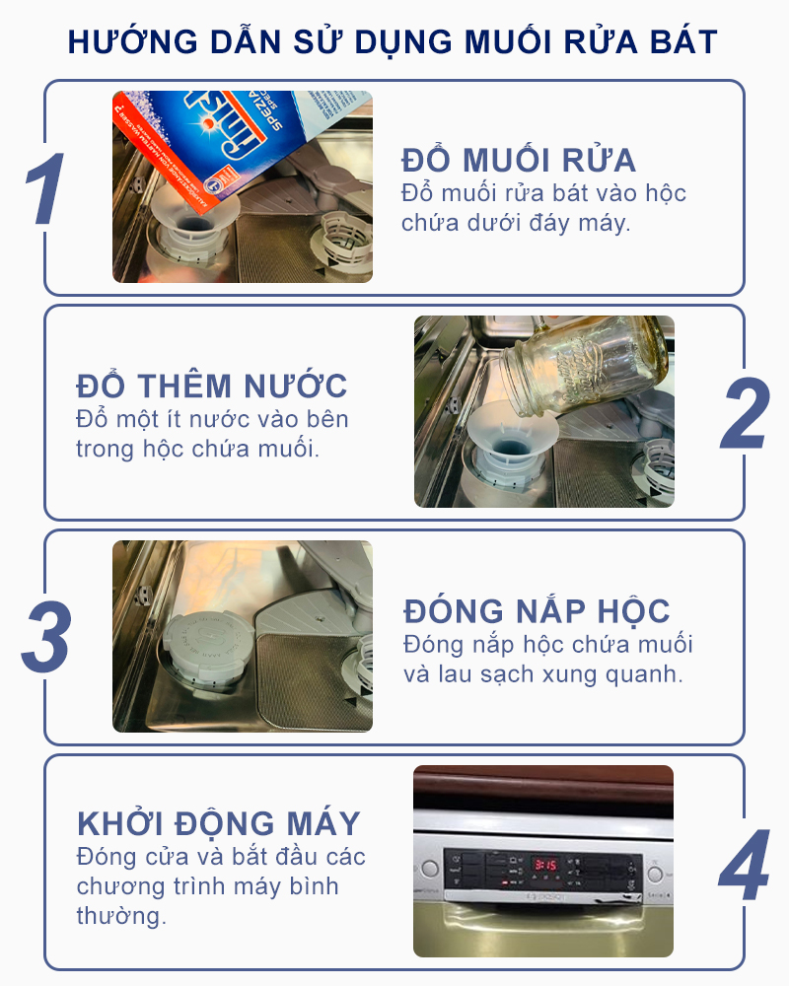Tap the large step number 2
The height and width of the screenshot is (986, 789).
pos(746,412)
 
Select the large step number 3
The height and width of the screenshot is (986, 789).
pos(46,636)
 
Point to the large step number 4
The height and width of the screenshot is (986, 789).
pos(745,864)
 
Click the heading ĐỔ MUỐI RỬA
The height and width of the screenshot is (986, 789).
pos(519,160)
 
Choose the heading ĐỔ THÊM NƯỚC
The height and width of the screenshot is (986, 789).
pos(211,386)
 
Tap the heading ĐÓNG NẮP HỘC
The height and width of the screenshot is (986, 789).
pos(537,610)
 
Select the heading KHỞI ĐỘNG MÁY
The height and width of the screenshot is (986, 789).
pos(218,823)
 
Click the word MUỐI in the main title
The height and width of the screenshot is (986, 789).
pos(508,41)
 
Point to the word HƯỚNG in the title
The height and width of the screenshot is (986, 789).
pos(132,41)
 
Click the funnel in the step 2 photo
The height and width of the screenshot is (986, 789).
pos(511,444)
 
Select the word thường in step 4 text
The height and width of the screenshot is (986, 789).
pos(121,916)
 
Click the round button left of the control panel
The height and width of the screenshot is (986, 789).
pos(430,869)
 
